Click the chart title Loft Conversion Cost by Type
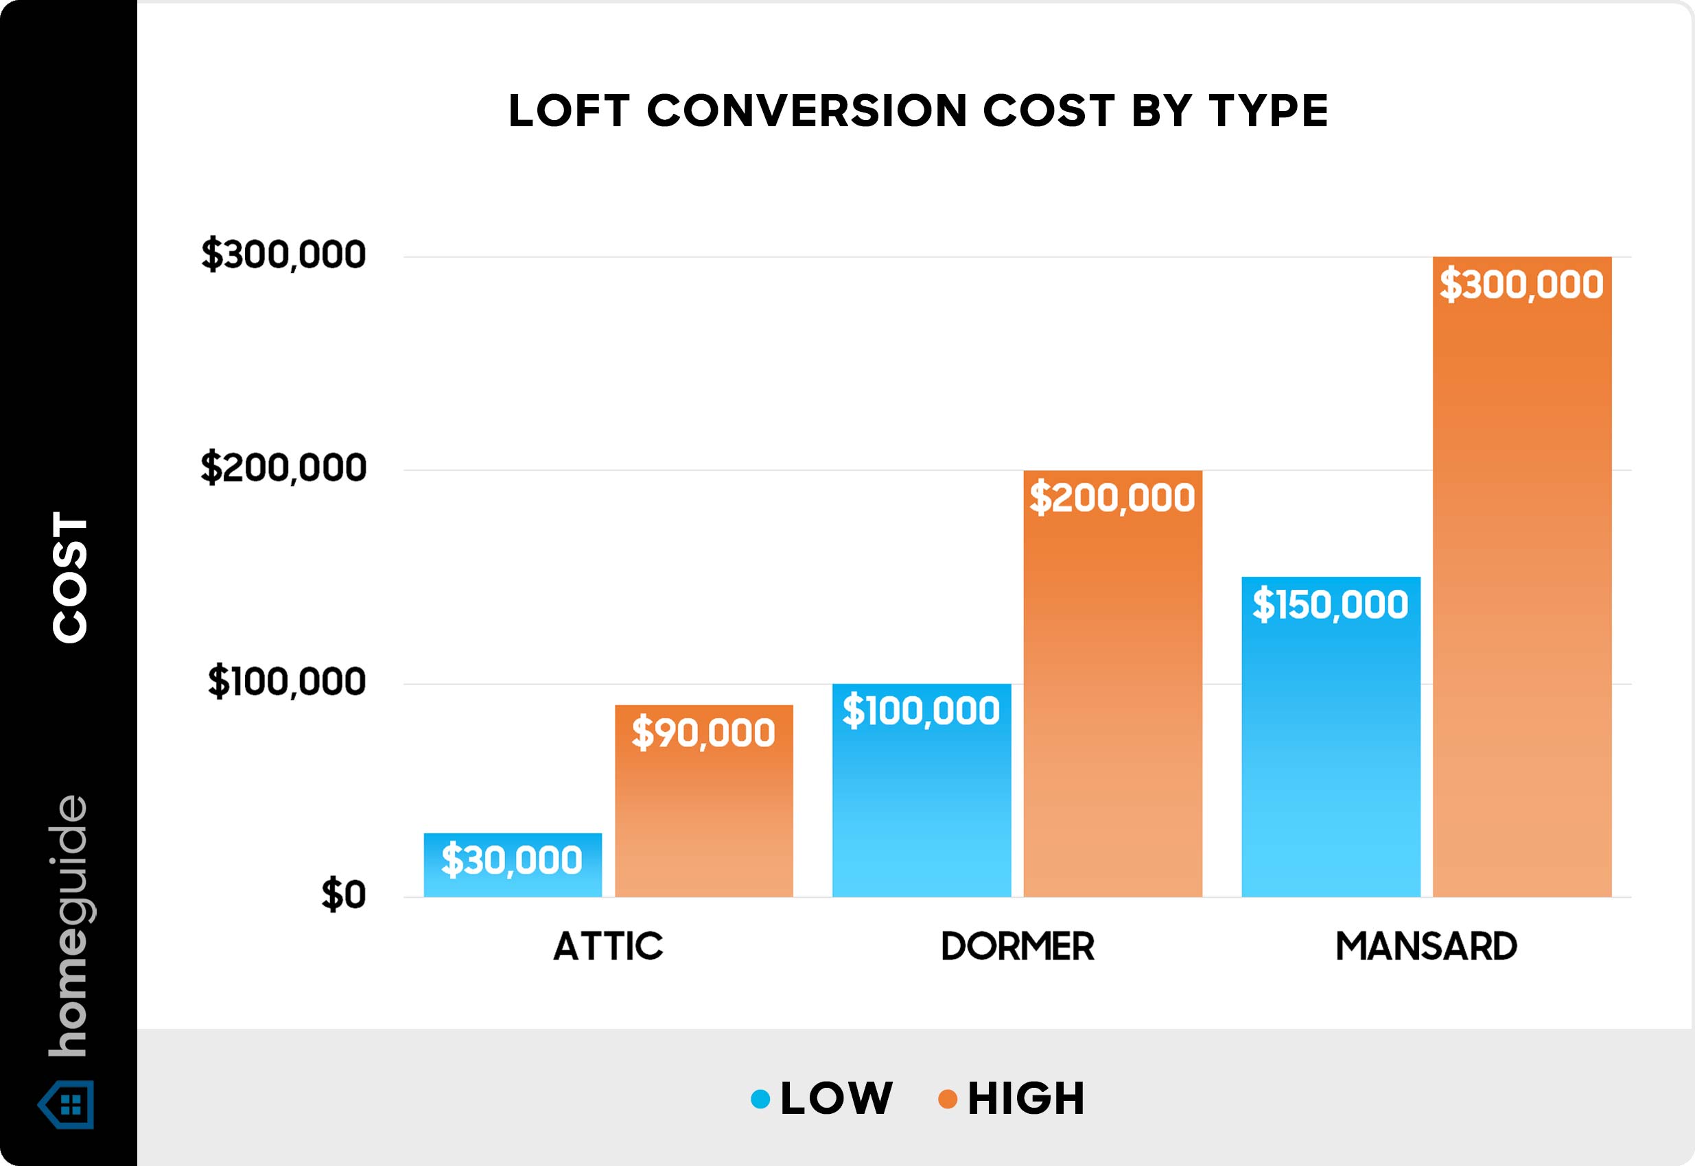point(918,111)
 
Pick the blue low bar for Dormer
point(921,804)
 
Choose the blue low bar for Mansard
point(1331,752)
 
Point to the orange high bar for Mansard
point(1522,584)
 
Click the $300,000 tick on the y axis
point(283,255)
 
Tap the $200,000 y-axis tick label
point(283,468)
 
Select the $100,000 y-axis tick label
point(287,682)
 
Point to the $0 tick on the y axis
point(344,895)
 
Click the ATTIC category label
point(608,947)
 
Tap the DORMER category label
point(1018,947)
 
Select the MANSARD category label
point(1426,947)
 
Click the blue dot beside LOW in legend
point(760,1099)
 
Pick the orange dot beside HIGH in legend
point(947,1099)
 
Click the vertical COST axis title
point(70,577)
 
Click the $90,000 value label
point(703,733)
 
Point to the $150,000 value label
point(1331,605)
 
